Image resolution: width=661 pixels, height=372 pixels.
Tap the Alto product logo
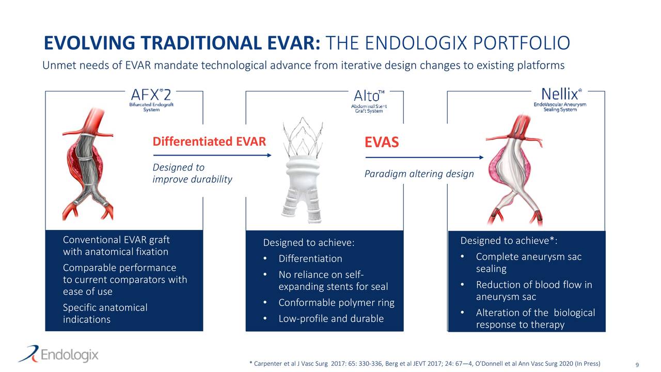(369, 102)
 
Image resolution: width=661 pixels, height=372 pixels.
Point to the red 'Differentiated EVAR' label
(209, 142)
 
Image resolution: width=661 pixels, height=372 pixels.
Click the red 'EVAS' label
(382, 142)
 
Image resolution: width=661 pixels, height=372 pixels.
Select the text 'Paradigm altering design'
(419, 174)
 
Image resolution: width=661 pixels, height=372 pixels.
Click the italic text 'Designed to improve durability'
(192, 173)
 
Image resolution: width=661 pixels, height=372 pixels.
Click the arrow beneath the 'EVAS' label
(423, 157)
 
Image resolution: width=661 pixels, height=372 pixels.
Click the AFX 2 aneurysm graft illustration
(87, 164)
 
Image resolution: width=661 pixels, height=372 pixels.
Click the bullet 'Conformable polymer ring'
(336, 303)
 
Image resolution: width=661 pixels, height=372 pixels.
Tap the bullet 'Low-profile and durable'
(330, 319)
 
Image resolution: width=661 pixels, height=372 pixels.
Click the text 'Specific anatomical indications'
(105, 314)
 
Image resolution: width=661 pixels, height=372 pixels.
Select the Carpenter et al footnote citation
(424, 364)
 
